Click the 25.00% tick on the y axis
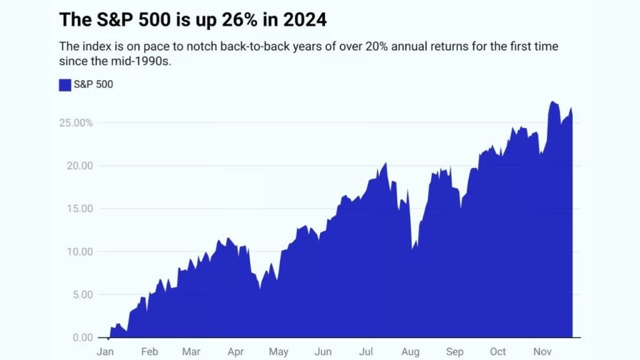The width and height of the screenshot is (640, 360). click(x=76, y=123)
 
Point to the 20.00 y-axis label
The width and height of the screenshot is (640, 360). click(x=79, y=166)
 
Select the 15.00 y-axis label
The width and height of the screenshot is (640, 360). click(x=79, y=209)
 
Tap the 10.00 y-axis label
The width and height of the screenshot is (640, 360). click(x=79, y=252)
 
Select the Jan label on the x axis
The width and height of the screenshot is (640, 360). click(x=106, y=352)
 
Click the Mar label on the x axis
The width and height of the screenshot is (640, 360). click(x=191, y=352)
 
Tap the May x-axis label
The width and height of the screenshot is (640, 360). click(x=278, y=352)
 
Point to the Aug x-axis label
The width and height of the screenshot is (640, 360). click(x=410, y=352)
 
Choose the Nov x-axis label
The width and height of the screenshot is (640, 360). click(x=542, y=352)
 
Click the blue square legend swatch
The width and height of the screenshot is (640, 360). click(x=65, y=85)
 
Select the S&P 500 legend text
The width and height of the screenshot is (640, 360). click(x=93, y=85)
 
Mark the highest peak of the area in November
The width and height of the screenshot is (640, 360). click(x=552, y=101)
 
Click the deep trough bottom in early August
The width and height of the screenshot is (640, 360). click(x=412, y=250)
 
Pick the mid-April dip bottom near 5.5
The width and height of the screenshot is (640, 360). click(x=259, y=289)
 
